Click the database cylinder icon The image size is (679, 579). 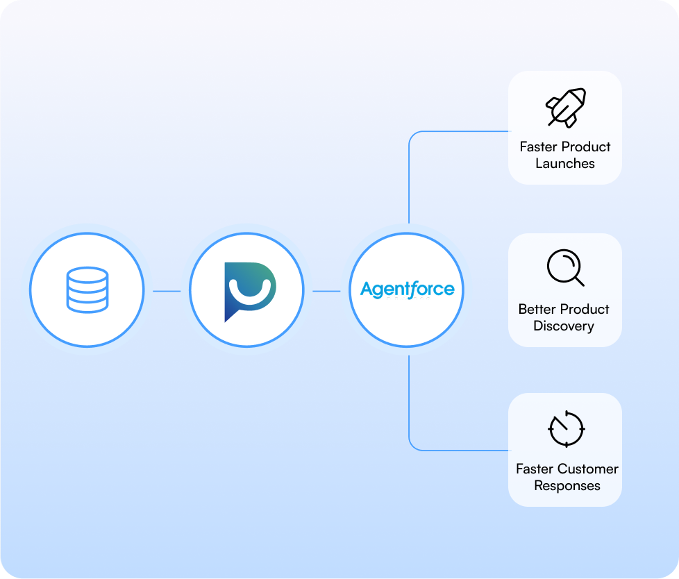click(87, 289)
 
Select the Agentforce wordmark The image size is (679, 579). click(407, 289)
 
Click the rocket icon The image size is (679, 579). click(565, 108)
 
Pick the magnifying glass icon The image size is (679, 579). click(564, 267)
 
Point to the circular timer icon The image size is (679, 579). click(566, 429)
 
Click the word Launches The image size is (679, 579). click(565, 164)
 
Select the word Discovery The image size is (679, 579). click(564, 326)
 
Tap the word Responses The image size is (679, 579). click(567, 486)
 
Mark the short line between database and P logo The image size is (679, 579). click(167, 291)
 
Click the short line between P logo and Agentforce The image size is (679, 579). click(326, 291)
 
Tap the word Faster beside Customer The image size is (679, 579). click(535, 469)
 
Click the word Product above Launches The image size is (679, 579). click(587, 146)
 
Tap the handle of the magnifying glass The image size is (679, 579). click(578, 280)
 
